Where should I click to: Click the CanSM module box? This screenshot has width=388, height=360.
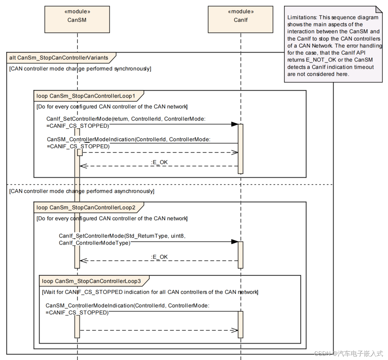(77, 19)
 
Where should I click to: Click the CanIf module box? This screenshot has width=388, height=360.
(240, 19)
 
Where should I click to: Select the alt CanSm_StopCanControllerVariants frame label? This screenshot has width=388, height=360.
(59, 58)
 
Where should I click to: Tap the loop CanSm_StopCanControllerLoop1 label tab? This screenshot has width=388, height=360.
(86, 96)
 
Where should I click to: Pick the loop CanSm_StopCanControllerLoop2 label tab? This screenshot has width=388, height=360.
(86, 207)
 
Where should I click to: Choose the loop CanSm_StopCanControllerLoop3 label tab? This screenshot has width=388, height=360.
(91, 281)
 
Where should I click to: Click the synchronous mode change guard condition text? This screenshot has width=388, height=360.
(80, 69)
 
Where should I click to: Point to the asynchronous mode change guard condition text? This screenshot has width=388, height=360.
(82, 191)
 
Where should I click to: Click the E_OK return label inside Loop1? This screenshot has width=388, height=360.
(159, 162)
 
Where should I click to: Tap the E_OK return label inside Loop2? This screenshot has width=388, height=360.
(159, 257)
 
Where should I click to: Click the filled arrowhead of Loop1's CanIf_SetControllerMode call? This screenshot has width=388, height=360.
(235, 124)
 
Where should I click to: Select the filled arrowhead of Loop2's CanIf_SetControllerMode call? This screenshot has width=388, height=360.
(235, 242)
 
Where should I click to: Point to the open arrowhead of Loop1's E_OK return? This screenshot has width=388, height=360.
(83, 166)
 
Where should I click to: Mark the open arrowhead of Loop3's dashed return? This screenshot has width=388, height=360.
(235, 330)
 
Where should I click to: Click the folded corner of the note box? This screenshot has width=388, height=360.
(379, 9)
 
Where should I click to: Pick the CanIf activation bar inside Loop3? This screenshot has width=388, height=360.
(240, 325)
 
